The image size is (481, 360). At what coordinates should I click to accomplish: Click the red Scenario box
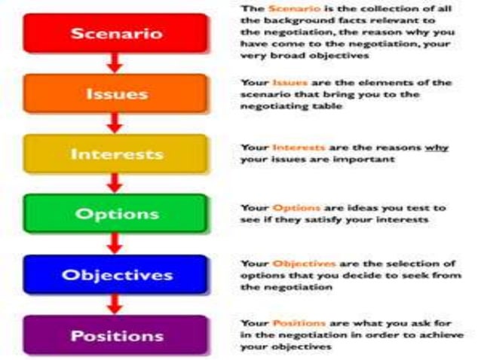point(115,33)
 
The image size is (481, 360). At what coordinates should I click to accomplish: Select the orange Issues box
point(115,94)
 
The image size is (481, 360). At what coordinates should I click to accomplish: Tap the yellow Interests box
point(115,154)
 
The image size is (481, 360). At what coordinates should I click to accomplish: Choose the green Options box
point(115,214)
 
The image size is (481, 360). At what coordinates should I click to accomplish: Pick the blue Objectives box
point(115,274)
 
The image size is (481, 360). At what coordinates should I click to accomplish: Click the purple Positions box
point(115,334)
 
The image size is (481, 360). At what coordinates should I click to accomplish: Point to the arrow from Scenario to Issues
point(115,63)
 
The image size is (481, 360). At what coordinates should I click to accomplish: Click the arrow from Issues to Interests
point(115,124)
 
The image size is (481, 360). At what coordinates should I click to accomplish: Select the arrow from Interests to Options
point(115,183)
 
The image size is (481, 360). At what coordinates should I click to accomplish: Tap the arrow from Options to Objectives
point(115,243)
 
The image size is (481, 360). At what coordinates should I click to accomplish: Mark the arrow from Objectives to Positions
point(115,304)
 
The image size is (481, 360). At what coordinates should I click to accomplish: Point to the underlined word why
point(436,148)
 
